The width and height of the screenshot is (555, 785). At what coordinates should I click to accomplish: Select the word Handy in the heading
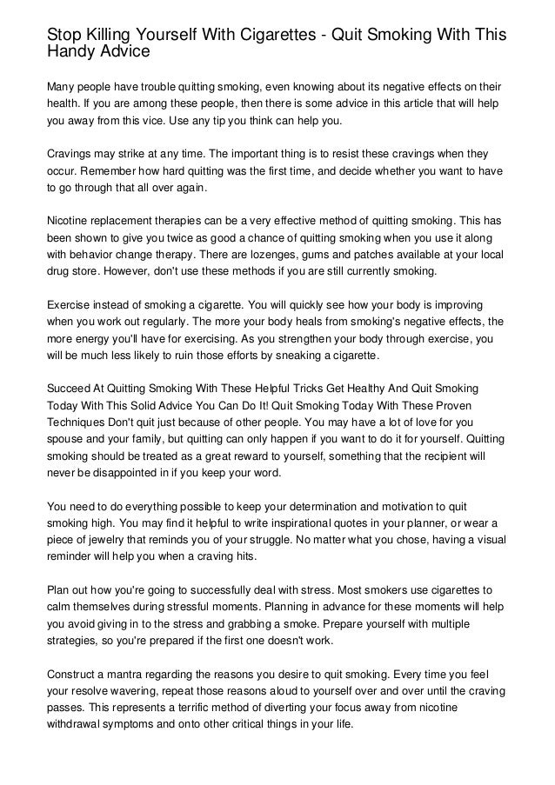74,53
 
